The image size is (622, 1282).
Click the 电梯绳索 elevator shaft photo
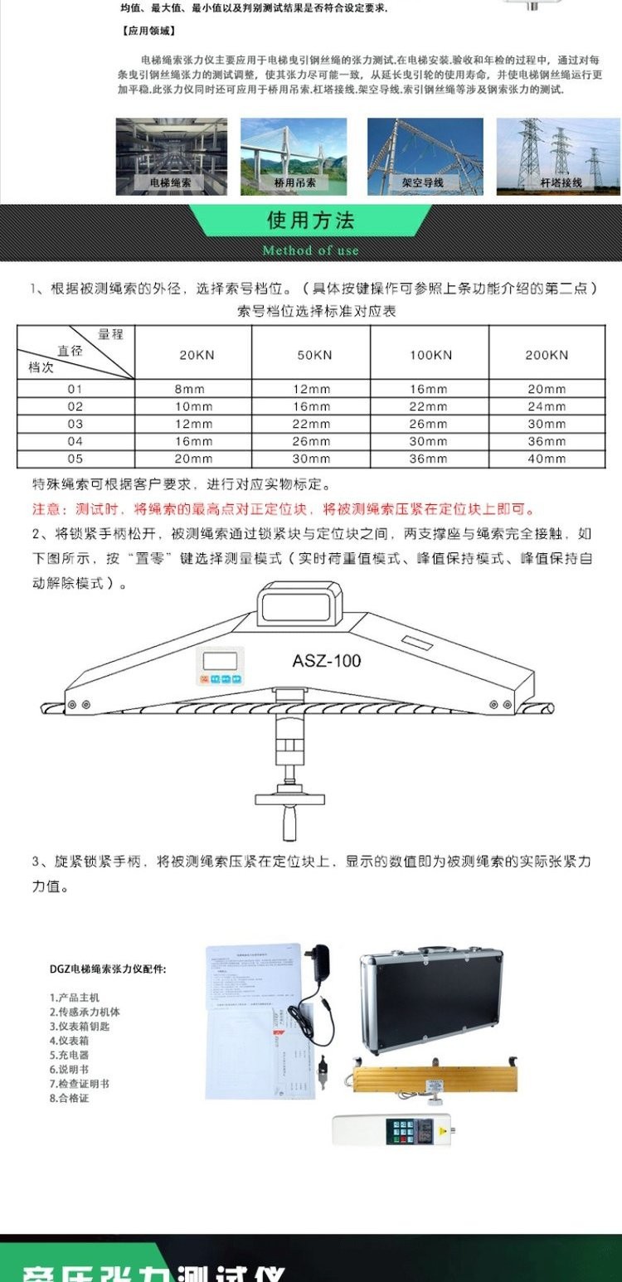171,156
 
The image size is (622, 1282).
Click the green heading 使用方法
311,221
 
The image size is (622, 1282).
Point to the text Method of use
311,250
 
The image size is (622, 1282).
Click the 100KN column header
431,355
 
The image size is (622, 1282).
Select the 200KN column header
547,355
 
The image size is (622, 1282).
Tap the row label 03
75,424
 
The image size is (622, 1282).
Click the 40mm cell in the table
547,459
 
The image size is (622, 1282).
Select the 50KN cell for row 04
313,441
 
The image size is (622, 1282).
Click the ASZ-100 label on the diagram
326,661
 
